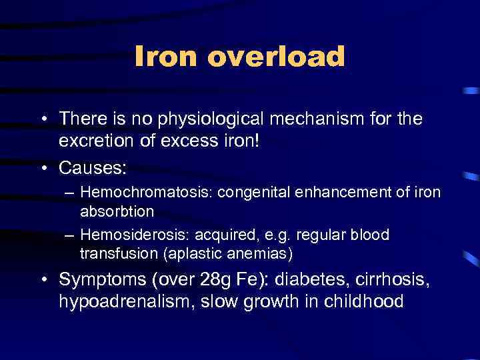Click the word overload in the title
point(276,57)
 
